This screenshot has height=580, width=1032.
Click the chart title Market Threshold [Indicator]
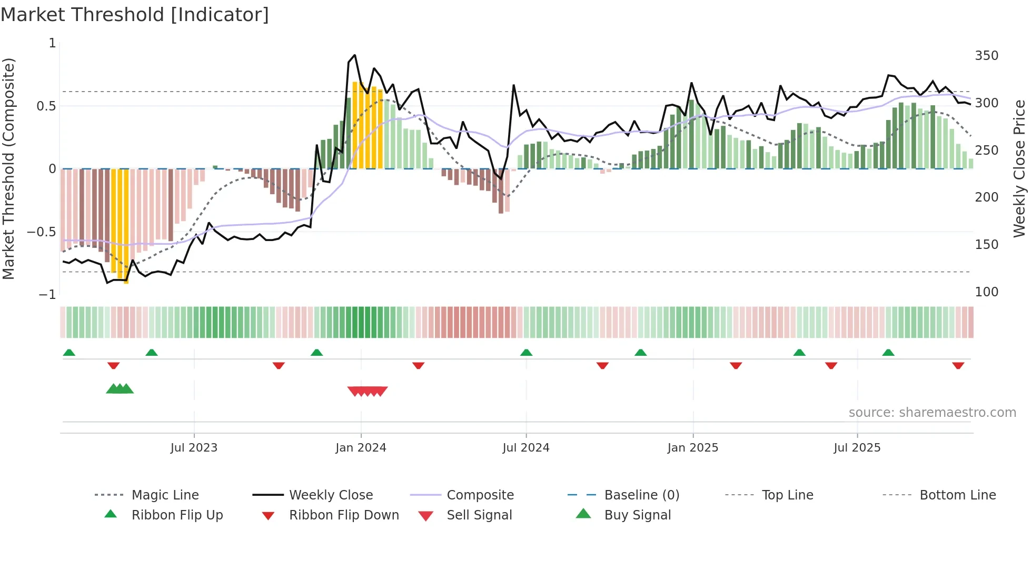pyautogui.click(x=135, y=15)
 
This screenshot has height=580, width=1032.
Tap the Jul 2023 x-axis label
pyautogui.click(x=194, y=448)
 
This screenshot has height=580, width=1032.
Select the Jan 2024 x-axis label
pyautogui.click(x=361, y=448)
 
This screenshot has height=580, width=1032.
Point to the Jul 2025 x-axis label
pyautogui.click(x=857, y=448)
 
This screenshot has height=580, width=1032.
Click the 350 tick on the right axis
pyautogui.click(x=986, y=56)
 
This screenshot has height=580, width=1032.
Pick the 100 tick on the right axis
pyautogui.click(x=986, y=292)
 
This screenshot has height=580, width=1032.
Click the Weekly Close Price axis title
pyautogui.click(x=1019, y=168)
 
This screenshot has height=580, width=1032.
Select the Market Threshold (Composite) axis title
pyautogui.click(x=8, y=168)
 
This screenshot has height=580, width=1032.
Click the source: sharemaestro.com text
pyautogui.click(x=932, y=413)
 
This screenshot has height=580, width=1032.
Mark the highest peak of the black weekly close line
pyautogui.click(x=355, y=55)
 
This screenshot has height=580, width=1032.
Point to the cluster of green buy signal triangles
pyautogui.click(x=120, y=389)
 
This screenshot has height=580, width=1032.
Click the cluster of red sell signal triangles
pyautogui.click(x=368, y=391)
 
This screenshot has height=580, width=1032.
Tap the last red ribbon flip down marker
pyautogui.click(x=958, y=365)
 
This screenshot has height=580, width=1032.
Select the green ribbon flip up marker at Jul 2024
pyautogui.click(x=526, y=353)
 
